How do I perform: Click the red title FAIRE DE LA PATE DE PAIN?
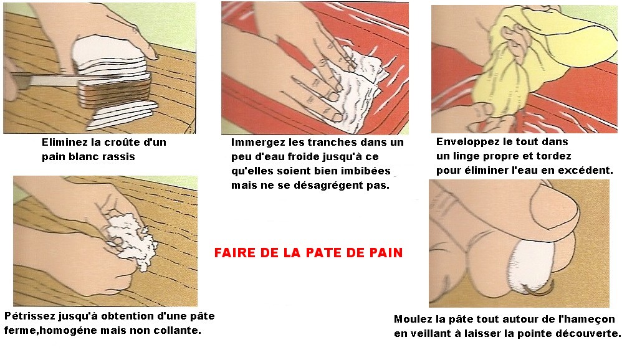(x=309, y=252)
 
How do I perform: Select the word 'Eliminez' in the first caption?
(x=64, y=142)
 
